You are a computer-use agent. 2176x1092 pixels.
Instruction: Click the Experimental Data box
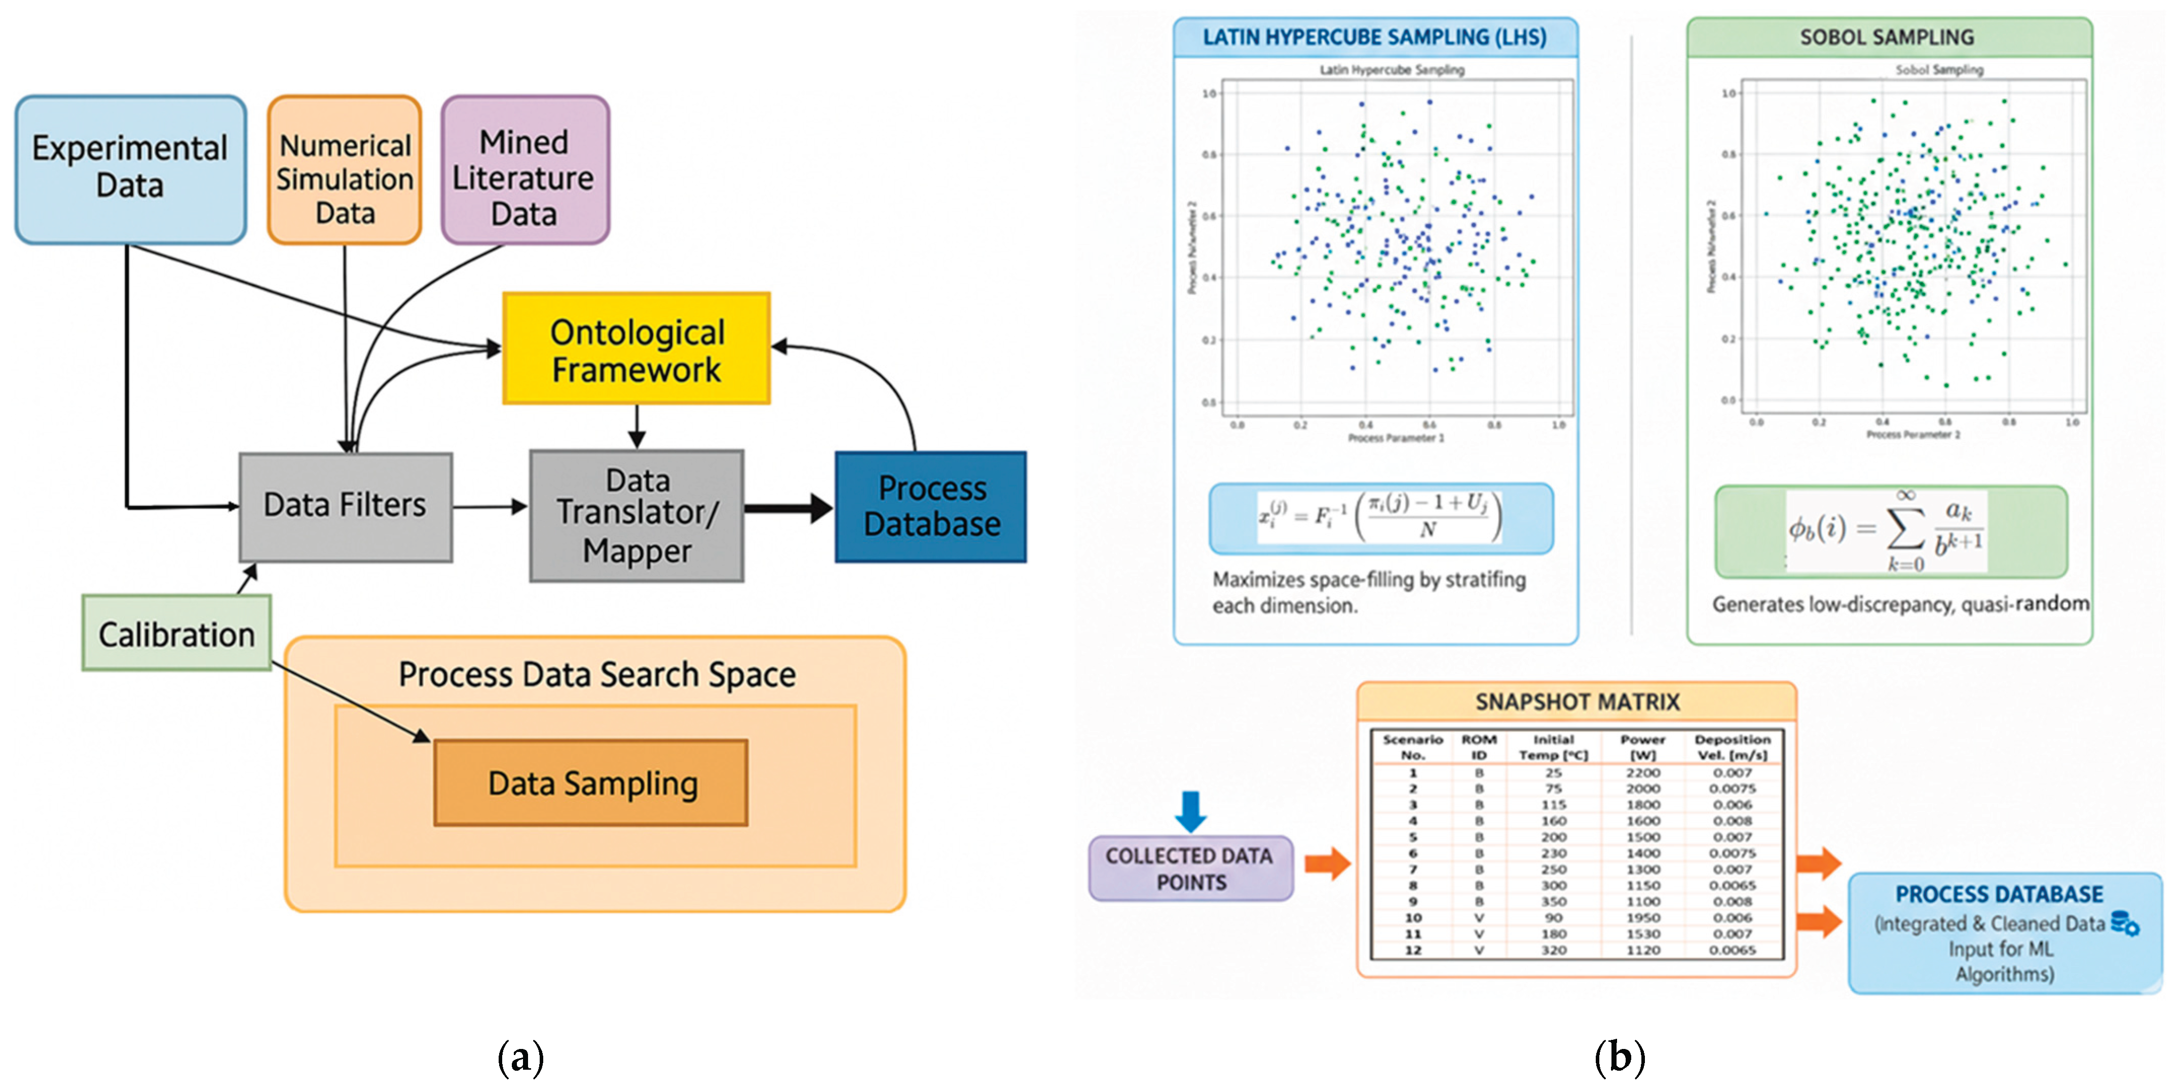click(130, 169)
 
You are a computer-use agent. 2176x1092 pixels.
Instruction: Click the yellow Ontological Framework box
click(636, 349)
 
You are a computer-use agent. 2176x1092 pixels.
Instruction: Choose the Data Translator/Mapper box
click(637, 515)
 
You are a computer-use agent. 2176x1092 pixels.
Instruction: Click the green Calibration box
click(176, 634)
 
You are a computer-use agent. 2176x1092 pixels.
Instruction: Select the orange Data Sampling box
click(591, 783)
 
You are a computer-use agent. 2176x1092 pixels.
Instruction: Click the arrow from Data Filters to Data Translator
click(490, 506)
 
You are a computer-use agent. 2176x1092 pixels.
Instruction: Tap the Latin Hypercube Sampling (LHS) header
click(1374, 37)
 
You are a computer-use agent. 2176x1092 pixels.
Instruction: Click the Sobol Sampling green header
click(1888, 37)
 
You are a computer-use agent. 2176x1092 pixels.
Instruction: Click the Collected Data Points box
click(1189, 868)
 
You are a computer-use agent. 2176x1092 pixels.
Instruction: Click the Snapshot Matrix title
click(1576, 702)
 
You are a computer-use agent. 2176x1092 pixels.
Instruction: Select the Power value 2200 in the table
click(1642, 772)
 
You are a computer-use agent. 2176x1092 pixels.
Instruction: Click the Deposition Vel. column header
click(1732, 747)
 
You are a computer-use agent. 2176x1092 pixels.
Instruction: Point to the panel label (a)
click(520, 1058)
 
